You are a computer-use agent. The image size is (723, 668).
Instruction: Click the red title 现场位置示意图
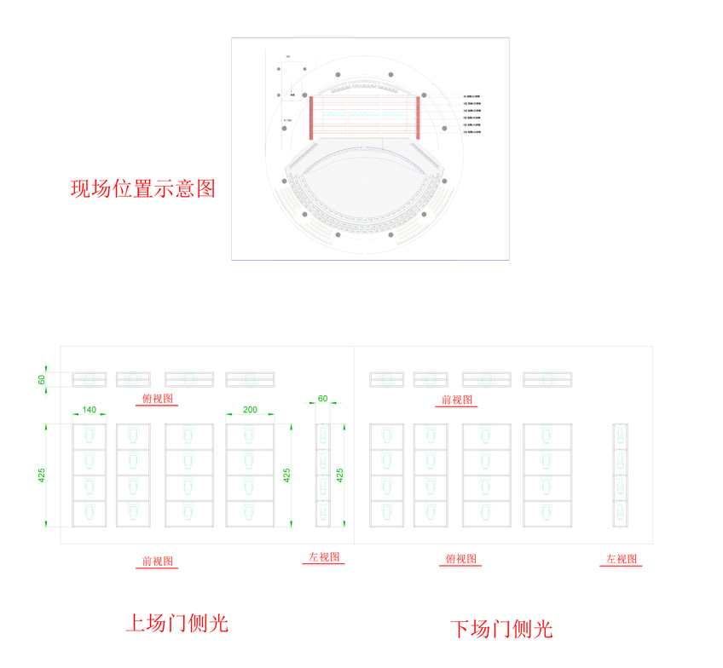[x=142, y=188]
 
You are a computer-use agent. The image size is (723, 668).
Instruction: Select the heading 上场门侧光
[x=177, y=623]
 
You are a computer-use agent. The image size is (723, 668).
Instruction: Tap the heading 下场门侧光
[x=501, y=629]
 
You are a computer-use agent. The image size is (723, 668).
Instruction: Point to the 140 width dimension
[x=90, y=410]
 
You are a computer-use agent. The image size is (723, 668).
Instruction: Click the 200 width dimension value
[x=250, y=410]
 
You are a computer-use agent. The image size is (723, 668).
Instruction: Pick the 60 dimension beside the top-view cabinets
[x=41, y=379]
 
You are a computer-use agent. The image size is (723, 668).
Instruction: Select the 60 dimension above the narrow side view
[x=322, y=399]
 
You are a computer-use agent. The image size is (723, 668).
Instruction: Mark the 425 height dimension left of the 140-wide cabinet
[x=41, y=475]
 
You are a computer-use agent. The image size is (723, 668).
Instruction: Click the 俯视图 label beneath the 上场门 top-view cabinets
[x=158, y=399]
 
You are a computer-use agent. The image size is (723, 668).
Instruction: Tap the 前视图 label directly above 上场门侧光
[x=158, y=561]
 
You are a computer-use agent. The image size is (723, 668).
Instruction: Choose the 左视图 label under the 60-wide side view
[x=323, y=557]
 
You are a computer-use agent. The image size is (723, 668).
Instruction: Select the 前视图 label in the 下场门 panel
[x=457, y=399]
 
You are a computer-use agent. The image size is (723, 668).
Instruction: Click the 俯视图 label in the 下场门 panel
[x=462, y=559]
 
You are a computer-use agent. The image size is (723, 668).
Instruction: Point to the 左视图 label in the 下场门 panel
[x=622, y=559]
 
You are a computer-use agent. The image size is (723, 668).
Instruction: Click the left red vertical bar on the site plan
[x=311, y=117]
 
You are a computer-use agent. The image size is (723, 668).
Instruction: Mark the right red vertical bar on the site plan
[x=418, y=117]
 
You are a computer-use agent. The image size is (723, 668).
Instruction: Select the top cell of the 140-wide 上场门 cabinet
[x=90, y=436]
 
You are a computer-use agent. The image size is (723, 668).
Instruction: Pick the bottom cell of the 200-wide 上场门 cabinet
[x=250, y=513]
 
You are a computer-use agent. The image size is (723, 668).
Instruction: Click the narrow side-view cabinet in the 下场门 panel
[x=621, y=475]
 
